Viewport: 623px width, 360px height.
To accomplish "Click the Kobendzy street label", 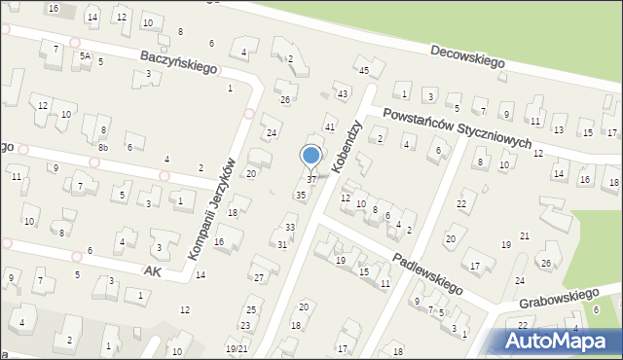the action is pos(348,147).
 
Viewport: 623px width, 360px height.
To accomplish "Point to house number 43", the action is pos(342,93).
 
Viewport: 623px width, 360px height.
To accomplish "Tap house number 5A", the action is pos(86,56).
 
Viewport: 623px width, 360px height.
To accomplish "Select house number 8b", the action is pos(102,147).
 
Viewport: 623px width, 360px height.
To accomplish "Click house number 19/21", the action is pos(236,348).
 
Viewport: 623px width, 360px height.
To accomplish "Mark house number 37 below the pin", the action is pos(311,179).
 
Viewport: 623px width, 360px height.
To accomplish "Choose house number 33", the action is pos(290,228).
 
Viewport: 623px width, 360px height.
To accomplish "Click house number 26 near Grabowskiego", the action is pos(546,264).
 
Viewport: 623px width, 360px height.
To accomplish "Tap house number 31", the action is pos(282,244).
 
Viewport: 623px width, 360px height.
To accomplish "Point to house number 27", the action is pos(259,277).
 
